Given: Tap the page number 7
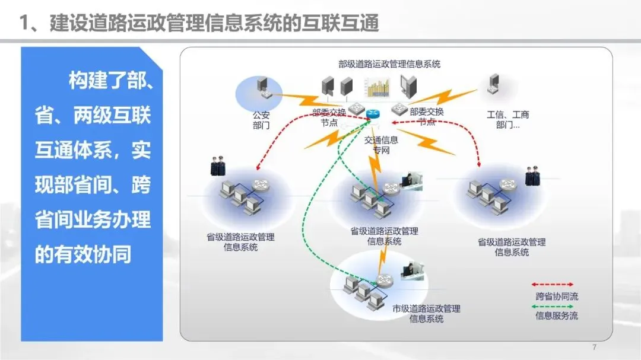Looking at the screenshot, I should [594, 347].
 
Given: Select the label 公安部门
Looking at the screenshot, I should [261, 121].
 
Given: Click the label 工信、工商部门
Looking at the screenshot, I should [507, 120].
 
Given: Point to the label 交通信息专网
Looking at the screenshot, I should [380, 145].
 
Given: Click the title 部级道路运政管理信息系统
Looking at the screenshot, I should [389, 64].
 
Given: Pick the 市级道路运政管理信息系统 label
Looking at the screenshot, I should [426, 314].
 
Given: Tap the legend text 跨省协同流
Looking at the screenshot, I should [556, 297].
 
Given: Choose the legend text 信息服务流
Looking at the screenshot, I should [556, 316].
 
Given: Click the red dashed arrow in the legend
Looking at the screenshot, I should [552, 285].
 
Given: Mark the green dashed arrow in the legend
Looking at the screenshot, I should [552, 306].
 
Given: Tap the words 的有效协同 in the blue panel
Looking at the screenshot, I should [83, 254].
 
